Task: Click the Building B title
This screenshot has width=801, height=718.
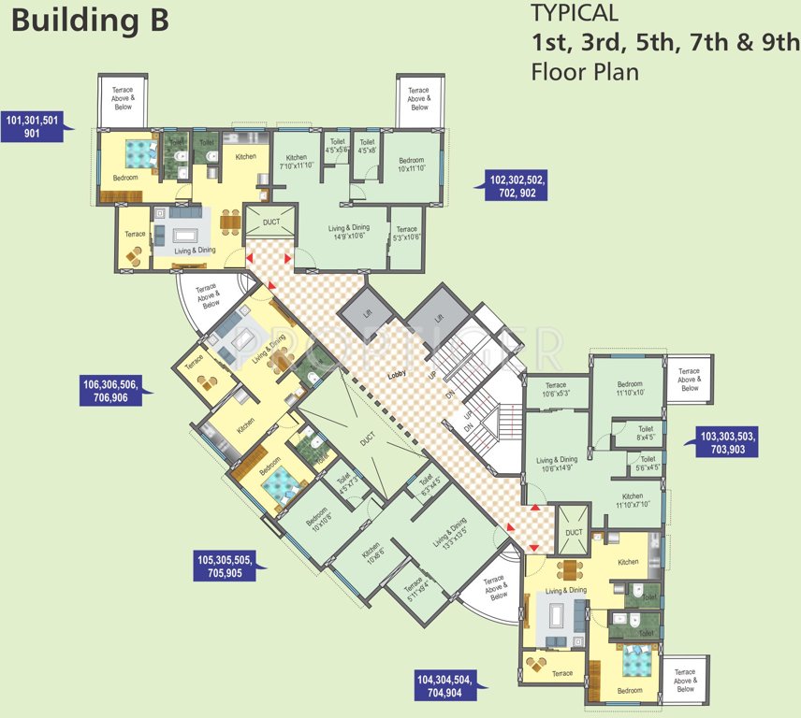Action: click(90, 21)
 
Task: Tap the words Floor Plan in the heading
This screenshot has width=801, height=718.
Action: click(585, 71)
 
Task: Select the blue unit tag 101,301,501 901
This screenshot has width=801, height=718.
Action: click(33, 126)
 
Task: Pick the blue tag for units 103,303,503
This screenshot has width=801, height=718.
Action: click(728, 442)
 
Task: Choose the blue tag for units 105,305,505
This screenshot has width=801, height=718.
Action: click(226, 567)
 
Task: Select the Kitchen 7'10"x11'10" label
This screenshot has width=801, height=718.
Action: click(297, 162)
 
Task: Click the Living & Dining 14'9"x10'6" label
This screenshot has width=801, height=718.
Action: click(348, 231)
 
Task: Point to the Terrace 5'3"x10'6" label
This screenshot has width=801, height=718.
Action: click(406, 233)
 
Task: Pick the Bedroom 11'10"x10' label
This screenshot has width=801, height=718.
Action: click(629, 389)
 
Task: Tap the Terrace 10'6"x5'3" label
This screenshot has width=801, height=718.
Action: click(556, 389)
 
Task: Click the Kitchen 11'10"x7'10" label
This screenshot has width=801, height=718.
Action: click(633, 500)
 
